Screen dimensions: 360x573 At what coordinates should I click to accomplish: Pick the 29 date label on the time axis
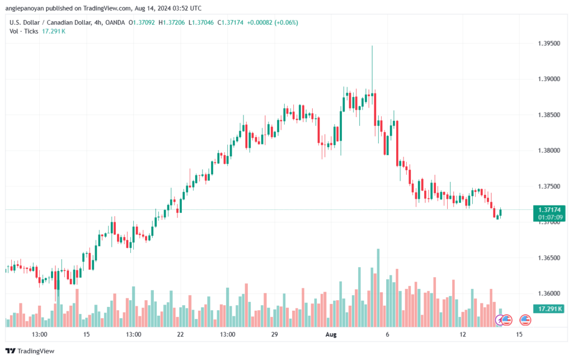click(274, 334)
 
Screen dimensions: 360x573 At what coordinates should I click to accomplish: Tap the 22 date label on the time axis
click(180, 334)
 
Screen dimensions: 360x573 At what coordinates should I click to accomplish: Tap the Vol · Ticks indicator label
click(24, 31)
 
